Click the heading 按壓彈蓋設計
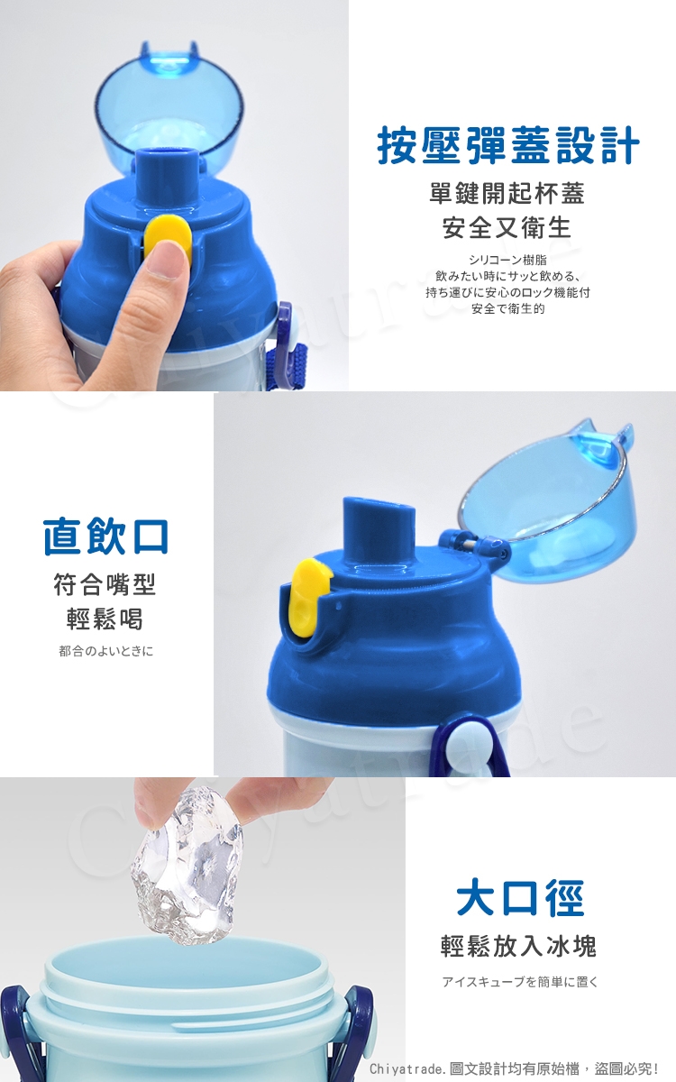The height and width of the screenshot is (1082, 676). click(x=508, y=145)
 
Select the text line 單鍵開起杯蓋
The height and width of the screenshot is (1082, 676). click(x=507, y=193)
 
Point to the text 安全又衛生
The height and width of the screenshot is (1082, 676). click(x=507, y=227)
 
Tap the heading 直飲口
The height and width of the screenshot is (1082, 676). click(x=105, y=536)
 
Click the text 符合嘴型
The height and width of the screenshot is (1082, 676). click(x=105, y=584)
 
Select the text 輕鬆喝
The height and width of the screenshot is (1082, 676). click(x=105, y=619)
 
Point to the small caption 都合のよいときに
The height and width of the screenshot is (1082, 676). click(x=105, y=651)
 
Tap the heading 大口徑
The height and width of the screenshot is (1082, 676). click(x=519, y=898)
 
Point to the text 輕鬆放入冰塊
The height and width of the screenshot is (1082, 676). click(x=518, y=946)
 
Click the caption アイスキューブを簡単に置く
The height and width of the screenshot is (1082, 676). click(x=520, y=982)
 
